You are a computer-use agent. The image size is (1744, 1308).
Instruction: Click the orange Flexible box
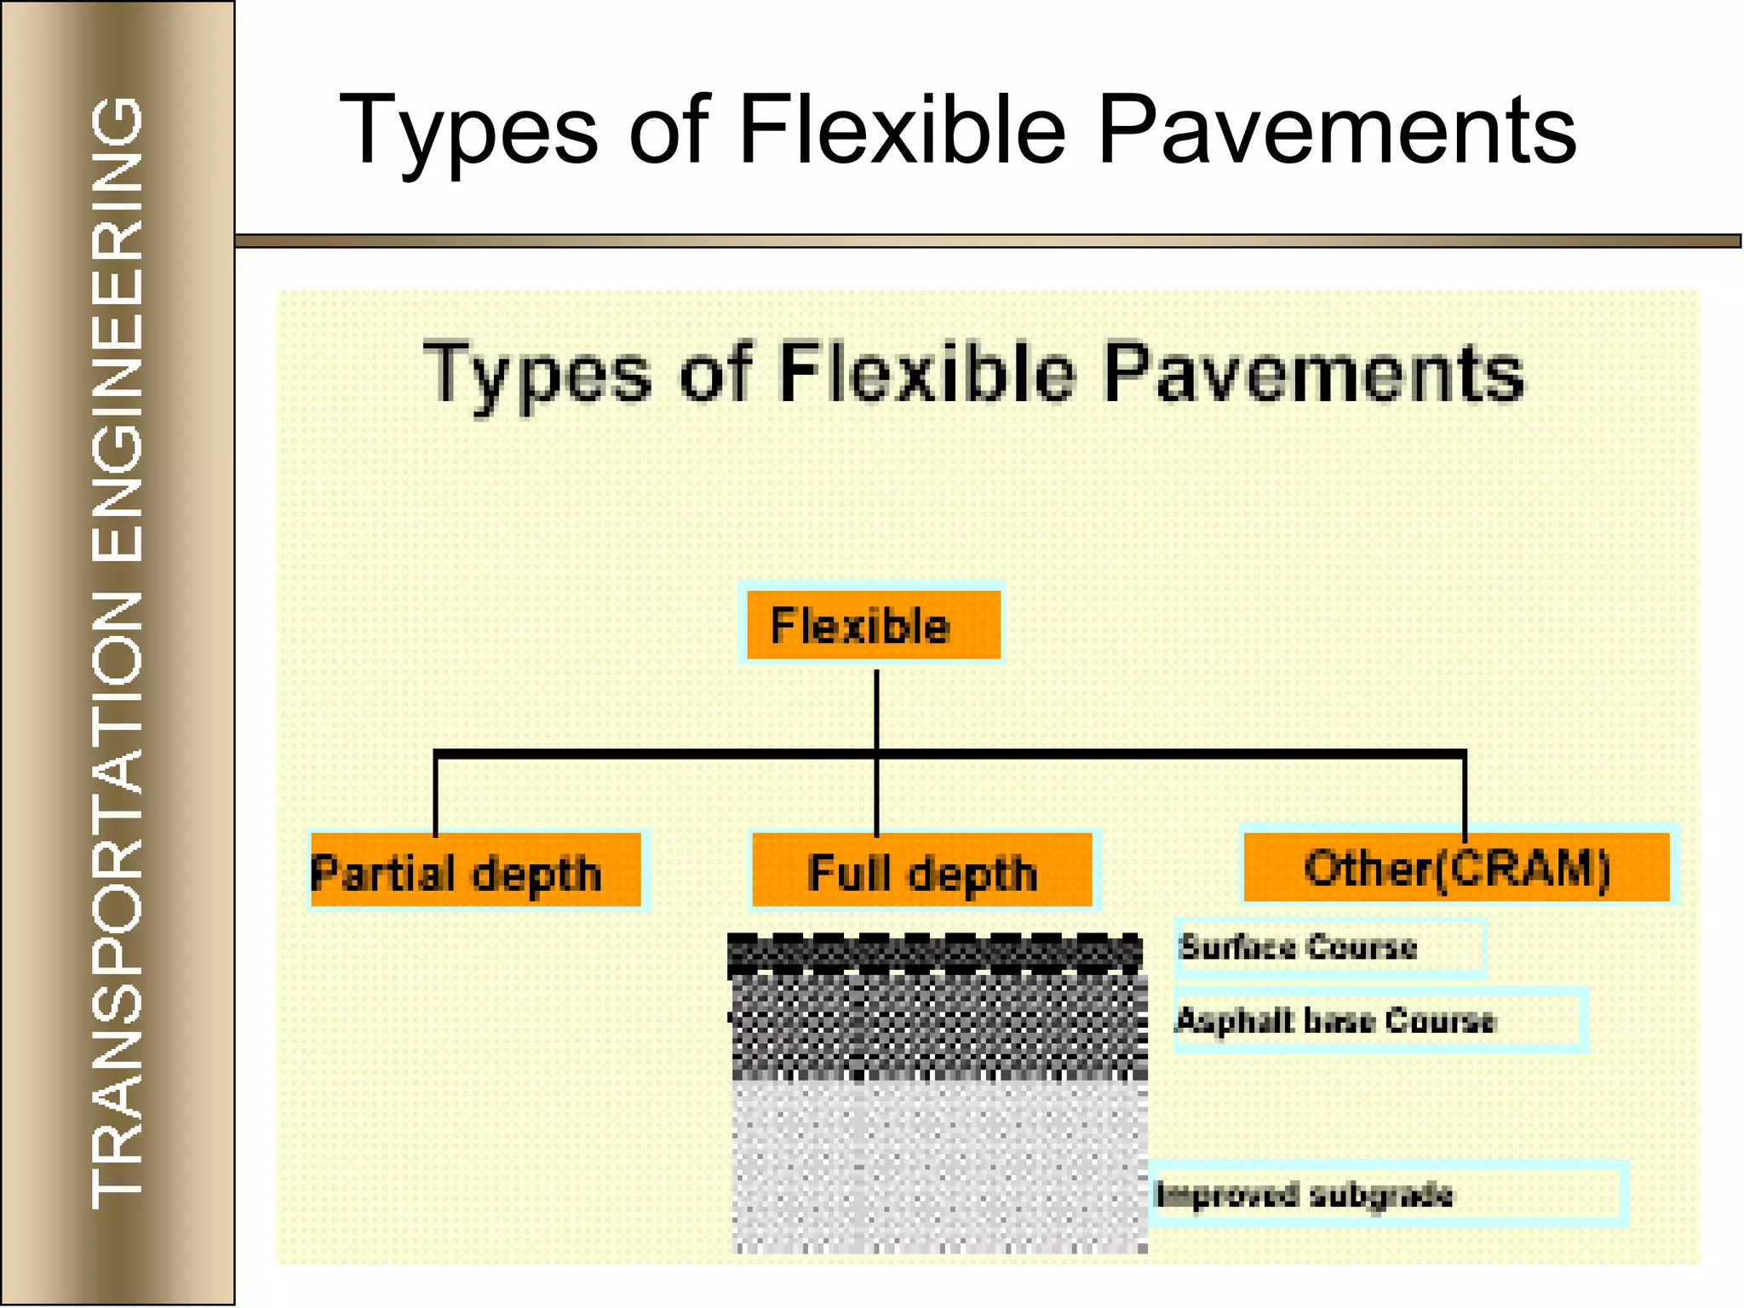click(x=872, y=625)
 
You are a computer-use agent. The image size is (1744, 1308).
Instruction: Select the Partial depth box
click(x=475, y=870)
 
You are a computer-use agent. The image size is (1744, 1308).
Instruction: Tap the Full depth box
click(x=923, y=870)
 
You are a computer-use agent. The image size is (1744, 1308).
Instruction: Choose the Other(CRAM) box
click(x=1456, y=867)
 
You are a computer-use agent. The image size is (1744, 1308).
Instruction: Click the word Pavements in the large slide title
click(x=1336, y=130)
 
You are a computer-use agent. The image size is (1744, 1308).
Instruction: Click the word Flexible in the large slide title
click(x=902, y=129)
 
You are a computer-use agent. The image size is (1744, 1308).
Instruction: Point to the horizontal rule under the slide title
click(x=988, y=241)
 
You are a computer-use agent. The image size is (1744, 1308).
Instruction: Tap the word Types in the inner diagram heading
click(x=537, y=375)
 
